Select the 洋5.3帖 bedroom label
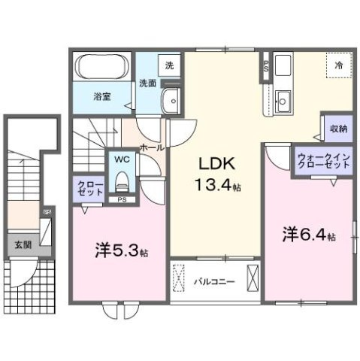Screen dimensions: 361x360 (120, 251)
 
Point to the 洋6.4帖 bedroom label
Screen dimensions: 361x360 (308, 234)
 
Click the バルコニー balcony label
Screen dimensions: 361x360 (213, 282)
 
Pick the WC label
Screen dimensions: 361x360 (120, 159)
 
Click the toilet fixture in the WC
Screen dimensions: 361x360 (121, 180)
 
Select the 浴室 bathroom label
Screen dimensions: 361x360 (102, 96)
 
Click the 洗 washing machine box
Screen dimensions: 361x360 (169, 65)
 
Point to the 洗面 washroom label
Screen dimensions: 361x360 (147, 83)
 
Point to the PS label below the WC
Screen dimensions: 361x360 (120, 199)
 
